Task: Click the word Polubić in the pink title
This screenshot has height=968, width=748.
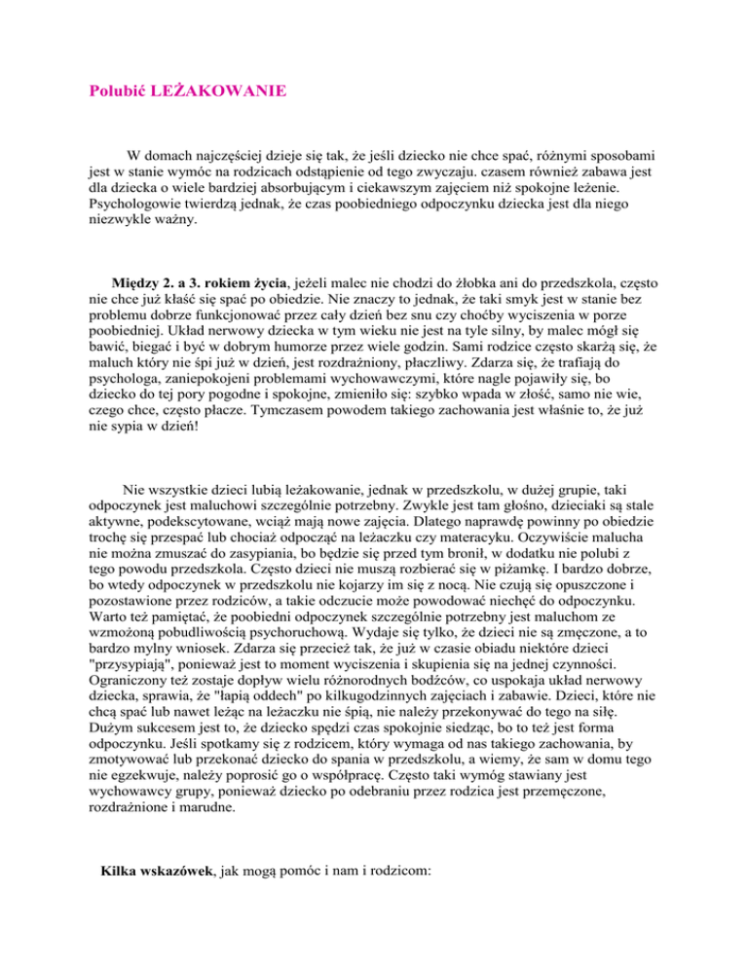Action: (116, 93)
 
